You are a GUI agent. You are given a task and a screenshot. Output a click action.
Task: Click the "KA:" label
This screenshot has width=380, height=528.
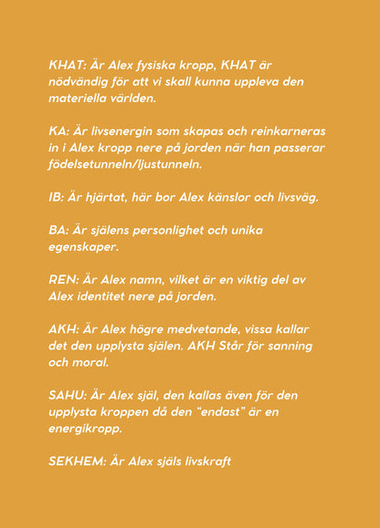(x=60, y=131)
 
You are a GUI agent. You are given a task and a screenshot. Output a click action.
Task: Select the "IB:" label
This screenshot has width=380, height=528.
(x=58, y=197)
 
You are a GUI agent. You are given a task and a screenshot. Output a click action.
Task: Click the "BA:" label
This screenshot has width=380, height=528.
(x=60, y=230)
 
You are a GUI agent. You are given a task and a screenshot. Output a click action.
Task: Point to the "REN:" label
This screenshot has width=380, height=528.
(x=66, y=279)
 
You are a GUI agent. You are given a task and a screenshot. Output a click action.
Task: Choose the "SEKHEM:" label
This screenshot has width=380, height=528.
(x=77, y=461)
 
